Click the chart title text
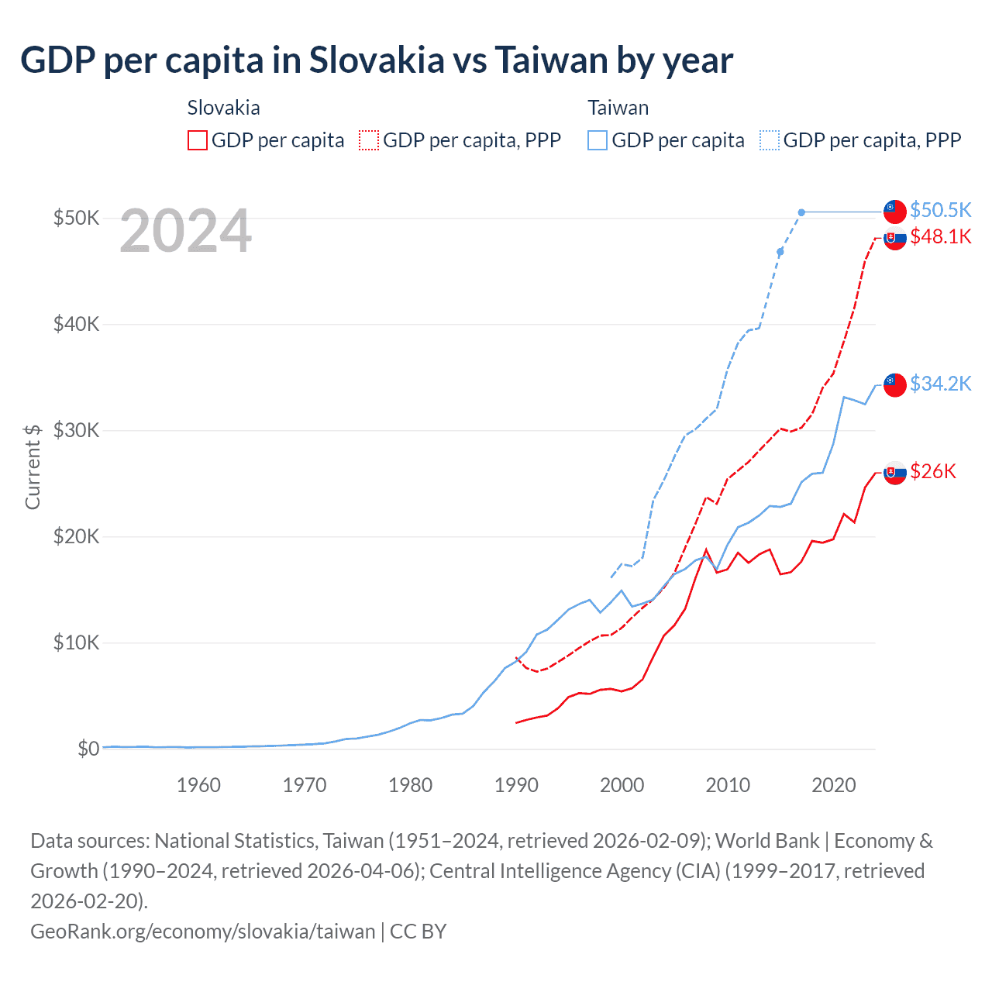[x=377, y=60]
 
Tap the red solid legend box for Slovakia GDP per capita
[x=198, y=140]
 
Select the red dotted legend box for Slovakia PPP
[x=369, y=140]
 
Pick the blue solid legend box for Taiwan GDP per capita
[x=598, y=140]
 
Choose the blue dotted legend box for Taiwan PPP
[x=770, y=140]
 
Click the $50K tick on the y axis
[x=76, y=218]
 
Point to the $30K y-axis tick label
[x=76, y=430]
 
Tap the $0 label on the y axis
[x=88, y=749]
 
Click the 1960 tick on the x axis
[x=198, y=785]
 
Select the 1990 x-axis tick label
[x=516, y=785]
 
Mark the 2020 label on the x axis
[x=833, y=785]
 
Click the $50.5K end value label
[x=940, y=210]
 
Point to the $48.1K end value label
[x=940, y=236]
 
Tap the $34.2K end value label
[x=940, y=384]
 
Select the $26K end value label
[x=933, y=471]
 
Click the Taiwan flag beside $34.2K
[x=895, y=384]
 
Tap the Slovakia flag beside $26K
[x=895, y=472]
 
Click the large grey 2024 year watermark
[x=185, y=231]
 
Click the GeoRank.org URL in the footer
[x=202, y=931]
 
